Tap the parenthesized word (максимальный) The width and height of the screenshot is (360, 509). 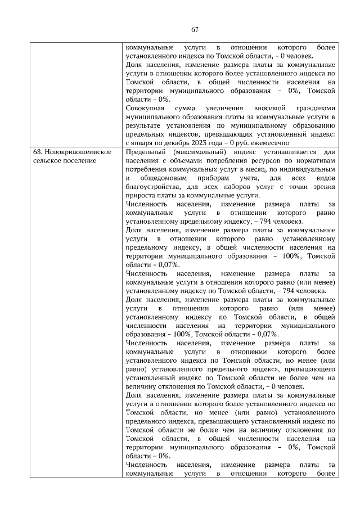[x=198, y=152]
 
